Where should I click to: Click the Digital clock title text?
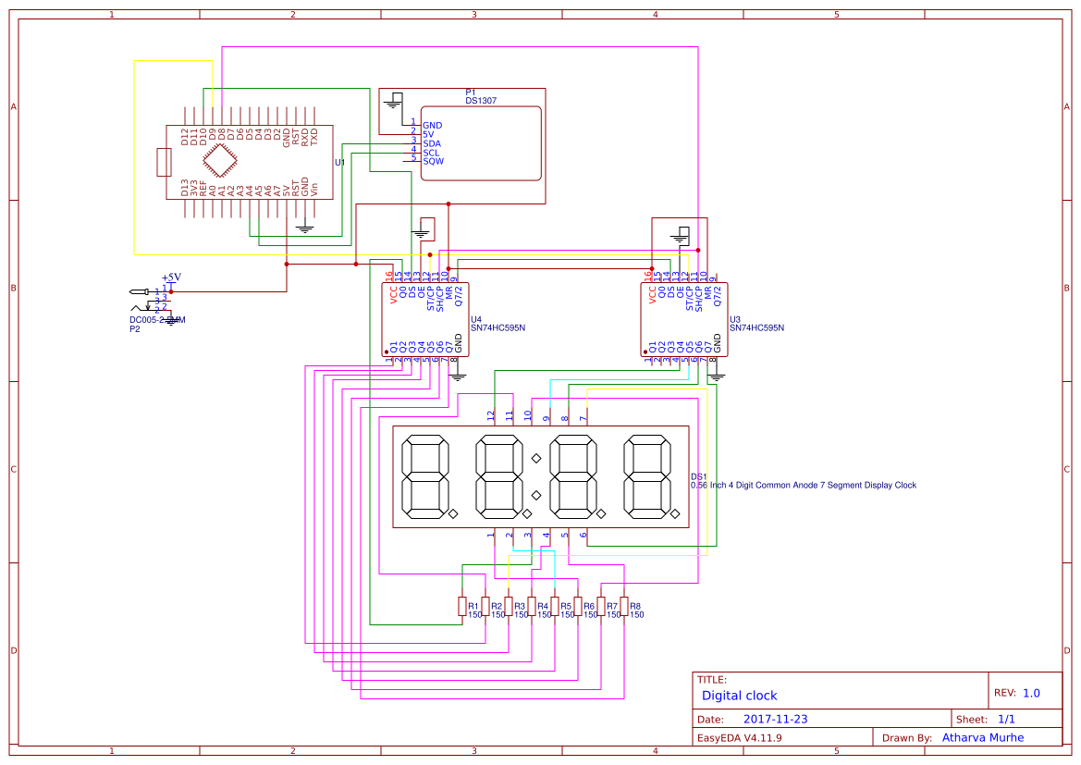[x=739, y=696]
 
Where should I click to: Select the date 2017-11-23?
[x=775, y=719]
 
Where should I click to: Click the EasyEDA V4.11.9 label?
[x=739, y=737]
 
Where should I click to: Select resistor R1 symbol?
[x=462, y=607]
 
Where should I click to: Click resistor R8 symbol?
[x=624, y=607]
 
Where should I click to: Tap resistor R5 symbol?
[x=555, y=607]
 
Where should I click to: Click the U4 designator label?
[x=476, y=318]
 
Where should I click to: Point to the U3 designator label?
[x=735, y=318]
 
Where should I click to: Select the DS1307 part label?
[x=481, y=100]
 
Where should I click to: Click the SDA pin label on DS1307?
[x=432, y=143]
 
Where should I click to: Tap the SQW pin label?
[x=433, y=161]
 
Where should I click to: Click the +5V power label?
[x=171, y=277]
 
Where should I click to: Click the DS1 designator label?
[x=699, y=475]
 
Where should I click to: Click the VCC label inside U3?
[x=652, y=295]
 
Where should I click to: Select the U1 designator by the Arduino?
[x=339, y=162]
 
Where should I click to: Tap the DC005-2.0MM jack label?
[x=157, y=320]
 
